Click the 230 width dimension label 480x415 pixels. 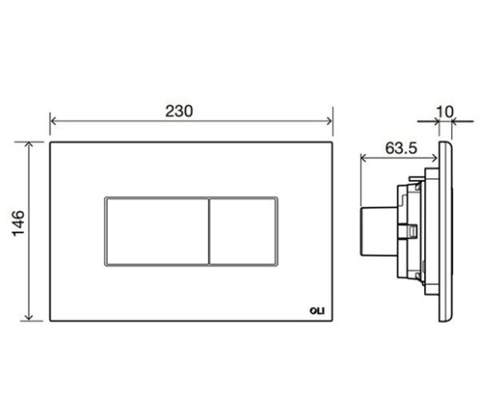click(179, 111)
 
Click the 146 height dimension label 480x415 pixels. click(18, 223)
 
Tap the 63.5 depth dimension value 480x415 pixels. click(401, 149)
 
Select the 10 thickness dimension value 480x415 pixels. click(445, 112)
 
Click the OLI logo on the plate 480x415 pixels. click(317, 311)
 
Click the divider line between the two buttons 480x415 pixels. click(209, 231)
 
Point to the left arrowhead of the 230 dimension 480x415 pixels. click(53, 122)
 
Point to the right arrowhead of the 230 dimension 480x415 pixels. click(330, 122)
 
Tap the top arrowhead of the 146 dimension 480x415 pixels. click(29, 145)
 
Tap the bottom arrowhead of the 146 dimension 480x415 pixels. click(29, 317)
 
